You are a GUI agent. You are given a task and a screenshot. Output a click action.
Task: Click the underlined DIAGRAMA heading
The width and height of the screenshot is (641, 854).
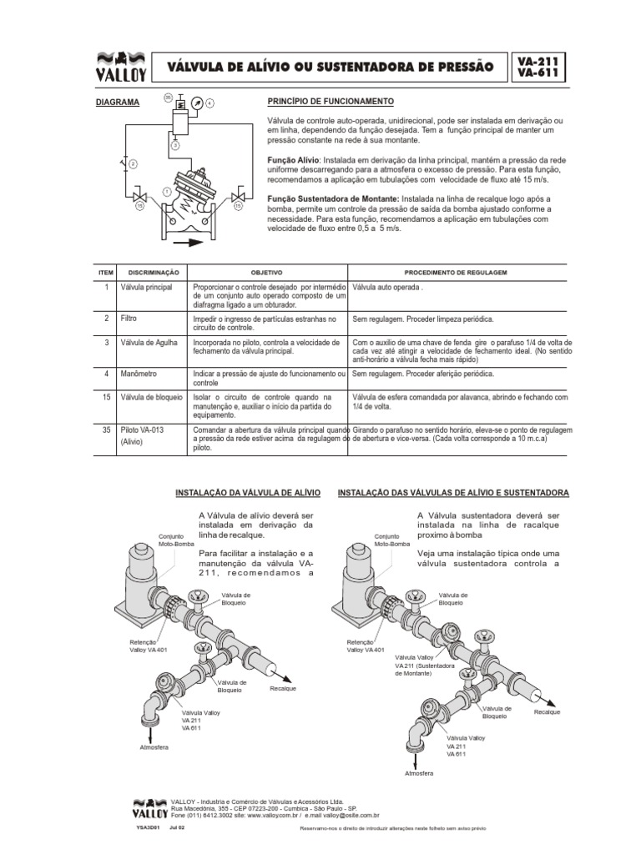[114, 102]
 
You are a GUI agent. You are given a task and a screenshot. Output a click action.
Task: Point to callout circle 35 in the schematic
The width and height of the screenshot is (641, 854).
[168, 98]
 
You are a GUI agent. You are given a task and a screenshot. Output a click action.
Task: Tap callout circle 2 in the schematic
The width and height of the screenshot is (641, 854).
[132, 163]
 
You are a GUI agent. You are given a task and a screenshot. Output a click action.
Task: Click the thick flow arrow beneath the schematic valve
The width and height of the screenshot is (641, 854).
[187, 243]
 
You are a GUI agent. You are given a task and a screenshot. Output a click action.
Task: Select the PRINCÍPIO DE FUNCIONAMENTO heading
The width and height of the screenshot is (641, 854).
[330, 101]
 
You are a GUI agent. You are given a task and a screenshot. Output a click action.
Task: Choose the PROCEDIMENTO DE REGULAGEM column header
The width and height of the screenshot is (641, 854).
[456, 273]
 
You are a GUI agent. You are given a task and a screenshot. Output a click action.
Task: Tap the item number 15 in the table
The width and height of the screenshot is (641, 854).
[106, 398]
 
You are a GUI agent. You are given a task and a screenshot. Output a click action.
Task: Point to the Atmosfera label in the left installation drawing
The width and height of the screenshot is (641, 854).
[154, 746]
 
